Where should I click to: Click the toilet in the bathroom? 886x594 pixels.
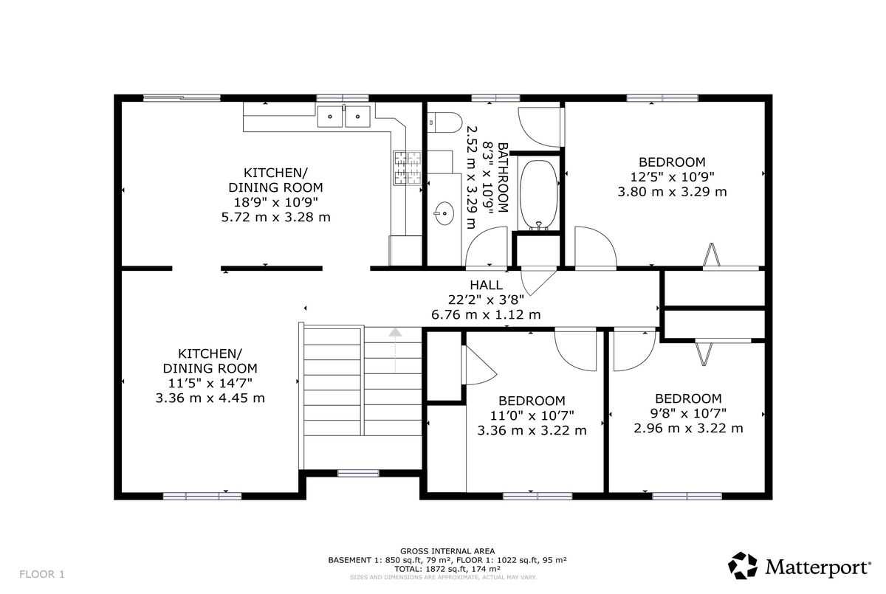[445, 122]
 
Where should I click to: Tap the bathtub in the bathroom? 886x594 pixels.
[539, 195]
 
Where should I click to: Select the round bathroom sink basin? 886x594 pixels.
[444, 213]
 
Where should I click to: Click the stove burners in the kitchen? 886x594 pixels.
[407, 168]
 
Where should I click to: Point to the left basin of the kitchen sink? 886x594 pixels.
[330, 117]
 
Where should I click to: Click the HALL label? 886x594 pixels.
[486, 285]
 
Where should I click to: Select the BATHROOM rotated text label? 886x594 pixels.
[502, 177]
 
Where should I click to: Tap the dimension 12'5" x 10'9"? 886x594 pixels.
[672, 176]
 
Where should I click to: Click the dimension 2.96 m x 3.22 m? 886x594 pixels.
[688, 428]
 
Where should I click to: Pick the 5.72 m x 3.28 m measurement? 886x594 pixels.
[275, 217]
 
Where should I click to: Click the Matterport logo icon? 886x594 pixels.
[743, 565]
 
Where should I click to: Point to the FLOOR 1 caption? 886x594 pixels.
[42, 574]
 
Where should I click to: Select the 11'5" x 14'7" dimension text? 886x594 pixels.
[210, 383]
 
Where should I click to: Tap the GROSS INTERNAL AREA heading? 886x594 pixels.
[447, 551]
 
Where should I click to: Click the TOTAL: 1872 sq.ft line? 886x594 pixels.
[447, 569]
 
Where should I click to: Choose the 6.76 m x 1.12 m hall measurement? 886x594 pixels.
[486, 314]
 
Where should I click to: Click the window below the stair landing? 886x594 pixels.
[358, 473]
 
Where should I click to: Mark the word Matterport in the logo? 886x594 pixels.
[818, 567]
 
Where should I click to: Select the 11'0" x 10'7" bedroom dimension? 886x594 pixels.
[532, 415]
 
